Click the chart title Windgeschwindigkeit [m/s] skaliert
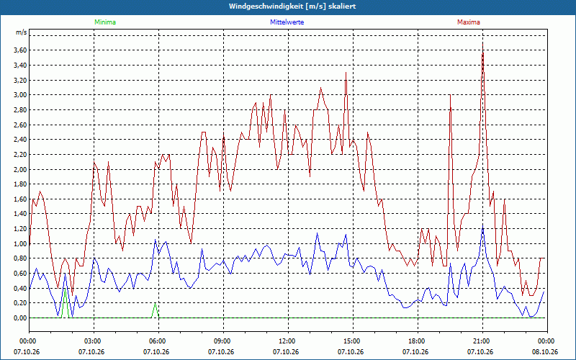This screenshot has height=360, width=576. (x=292, y=6)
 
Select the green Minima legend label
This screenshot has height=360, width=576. (x=105, y=22)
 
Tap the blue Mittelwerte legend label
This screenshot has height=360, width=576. (x=287, y=22)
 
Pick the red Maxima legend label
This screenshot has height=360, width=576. (x=469, y=22)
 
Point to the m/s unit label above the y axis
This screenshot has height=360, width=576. (x=22, y=32)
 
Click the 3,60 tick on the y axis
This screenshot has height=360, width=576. (x=20, y=50)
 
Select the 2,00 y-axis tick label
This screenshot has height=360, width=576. (x=20, y=169)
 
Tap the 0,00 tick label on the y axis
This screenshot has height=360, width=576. (x=20, y=318)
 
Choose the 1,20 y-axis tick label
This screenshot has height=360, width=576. (x=20, y=229)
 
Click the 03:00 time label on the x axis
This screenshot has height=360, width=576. (x=94, y=341)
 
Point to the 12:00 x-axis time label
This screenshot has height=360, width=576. (x=288, y=341)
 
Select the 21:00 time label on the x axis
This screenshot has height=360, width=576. (x=482, y=341)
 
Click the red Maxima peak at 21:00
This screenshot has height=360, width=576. (x=482, y=42)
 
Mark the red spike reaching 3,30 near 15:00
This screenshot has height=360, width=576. (x=346, y=73)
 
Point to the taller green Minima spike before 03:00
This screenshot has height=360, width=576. (x=65, y=289)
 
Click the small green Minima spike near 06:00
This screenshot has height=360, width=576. (x=155, y=303)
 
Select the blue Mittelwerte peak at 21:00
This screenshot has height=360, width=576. (x=482, y=224)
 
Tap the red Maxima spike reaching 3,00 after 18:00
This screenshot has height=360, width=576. (x=450, y=95)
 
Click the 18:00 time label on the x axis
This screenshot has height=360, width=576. (x=418, y=341)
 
